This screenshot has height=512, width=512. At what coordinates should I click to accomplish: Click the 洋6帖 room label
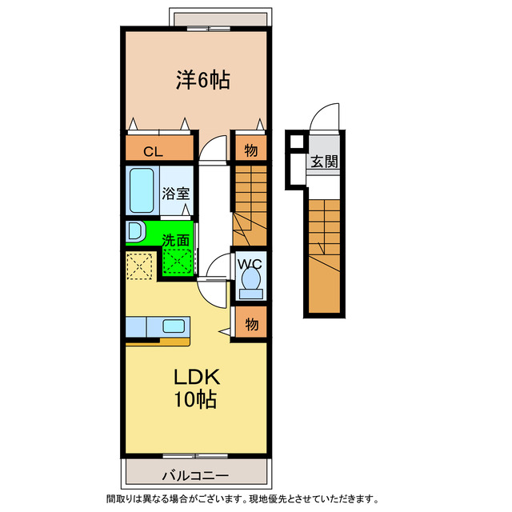coord(203,80)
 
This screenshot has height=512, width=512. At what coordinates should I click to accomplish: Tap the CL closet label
coord(154,150)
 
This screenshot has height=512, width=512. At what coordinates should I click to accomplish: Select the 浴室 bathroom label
coord(176,193)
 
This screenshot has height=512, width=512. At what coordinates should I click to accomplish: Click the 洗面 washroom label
coord(176,239)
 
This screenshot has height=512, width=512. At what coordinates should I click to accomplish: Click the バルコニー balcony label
coord(195,475)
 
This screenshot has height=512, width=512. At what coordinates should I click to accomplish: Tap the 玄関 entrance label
coord(324,161)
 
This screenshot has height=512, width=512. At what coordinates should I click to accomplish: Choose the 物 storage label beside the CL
coord(250,150)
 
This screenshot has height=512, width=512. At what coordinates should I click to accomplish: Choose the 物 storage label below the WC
coord(251,324)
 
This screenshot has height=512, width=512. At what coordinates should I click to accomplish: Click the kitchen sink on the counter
coord(174,326)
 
